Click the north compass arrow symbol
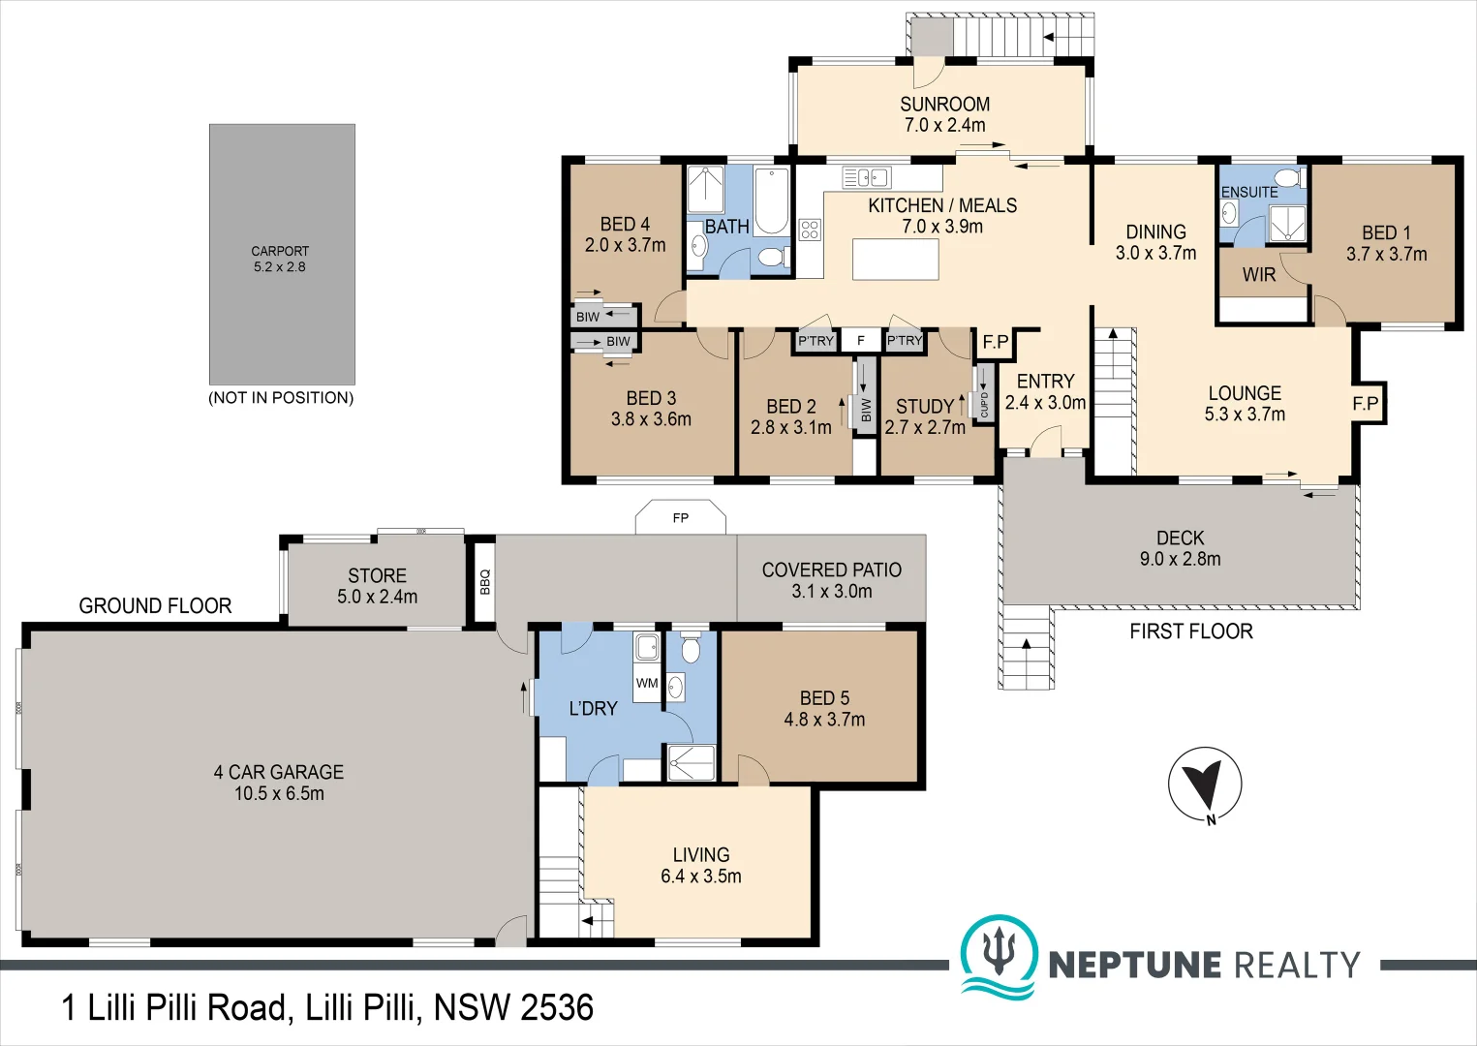pyautogui.click(x=1205, y=785)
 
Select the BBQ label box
pyautogui.click(x=484, y=582)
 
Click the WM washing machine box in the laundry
pyautogui.click(x=647, y=683)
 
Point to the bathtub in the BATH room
pyautogui.click(x=772, y=201)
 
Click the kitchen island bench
pyautogui.click(x=896, y=260)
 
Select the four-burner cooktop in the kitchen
pyautogui.click(x=810, y=230)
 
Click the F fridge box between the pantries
pyautogui.click(x=860, y=340)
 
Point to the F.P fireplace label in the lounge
pyautogui.click(x=1366, y=403)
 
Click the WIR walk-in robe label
pyautogui.click(x=1259, y=274)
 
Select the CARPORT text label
pyautogui.click(x=280, y=251)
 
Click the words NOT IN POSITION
pyautogui.click(x=281, y=398)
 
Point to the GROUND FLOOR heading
pyautogui.click(x=155, y=606)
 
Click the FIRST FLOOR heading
pyautogui.click(x=1191, y=631)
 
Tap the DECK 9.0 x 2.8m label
pyautogui.click(x=1181, y=548)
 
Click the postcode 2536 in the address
pyautogui.click(x=557, y=1008)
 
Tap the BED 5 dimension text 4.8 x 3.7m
pyautogui.click(x=824, y=719)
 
